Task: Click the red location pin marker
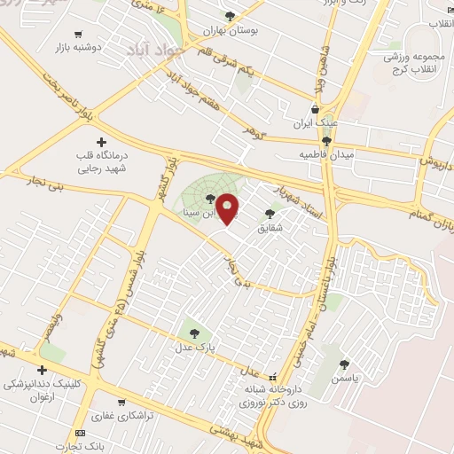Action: [228, 209]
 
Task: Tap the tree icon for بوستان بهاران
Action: [231, 16]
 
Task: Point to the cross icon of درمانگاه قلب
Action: [101, 141]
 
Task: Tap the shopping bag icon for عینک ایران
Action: [316, 110]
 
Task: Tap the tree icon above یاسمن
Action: [344, 364]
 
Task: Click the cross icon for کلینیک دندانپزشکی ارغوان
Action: [41, 371]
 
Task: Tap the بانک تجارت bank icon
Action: [81, 433]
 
